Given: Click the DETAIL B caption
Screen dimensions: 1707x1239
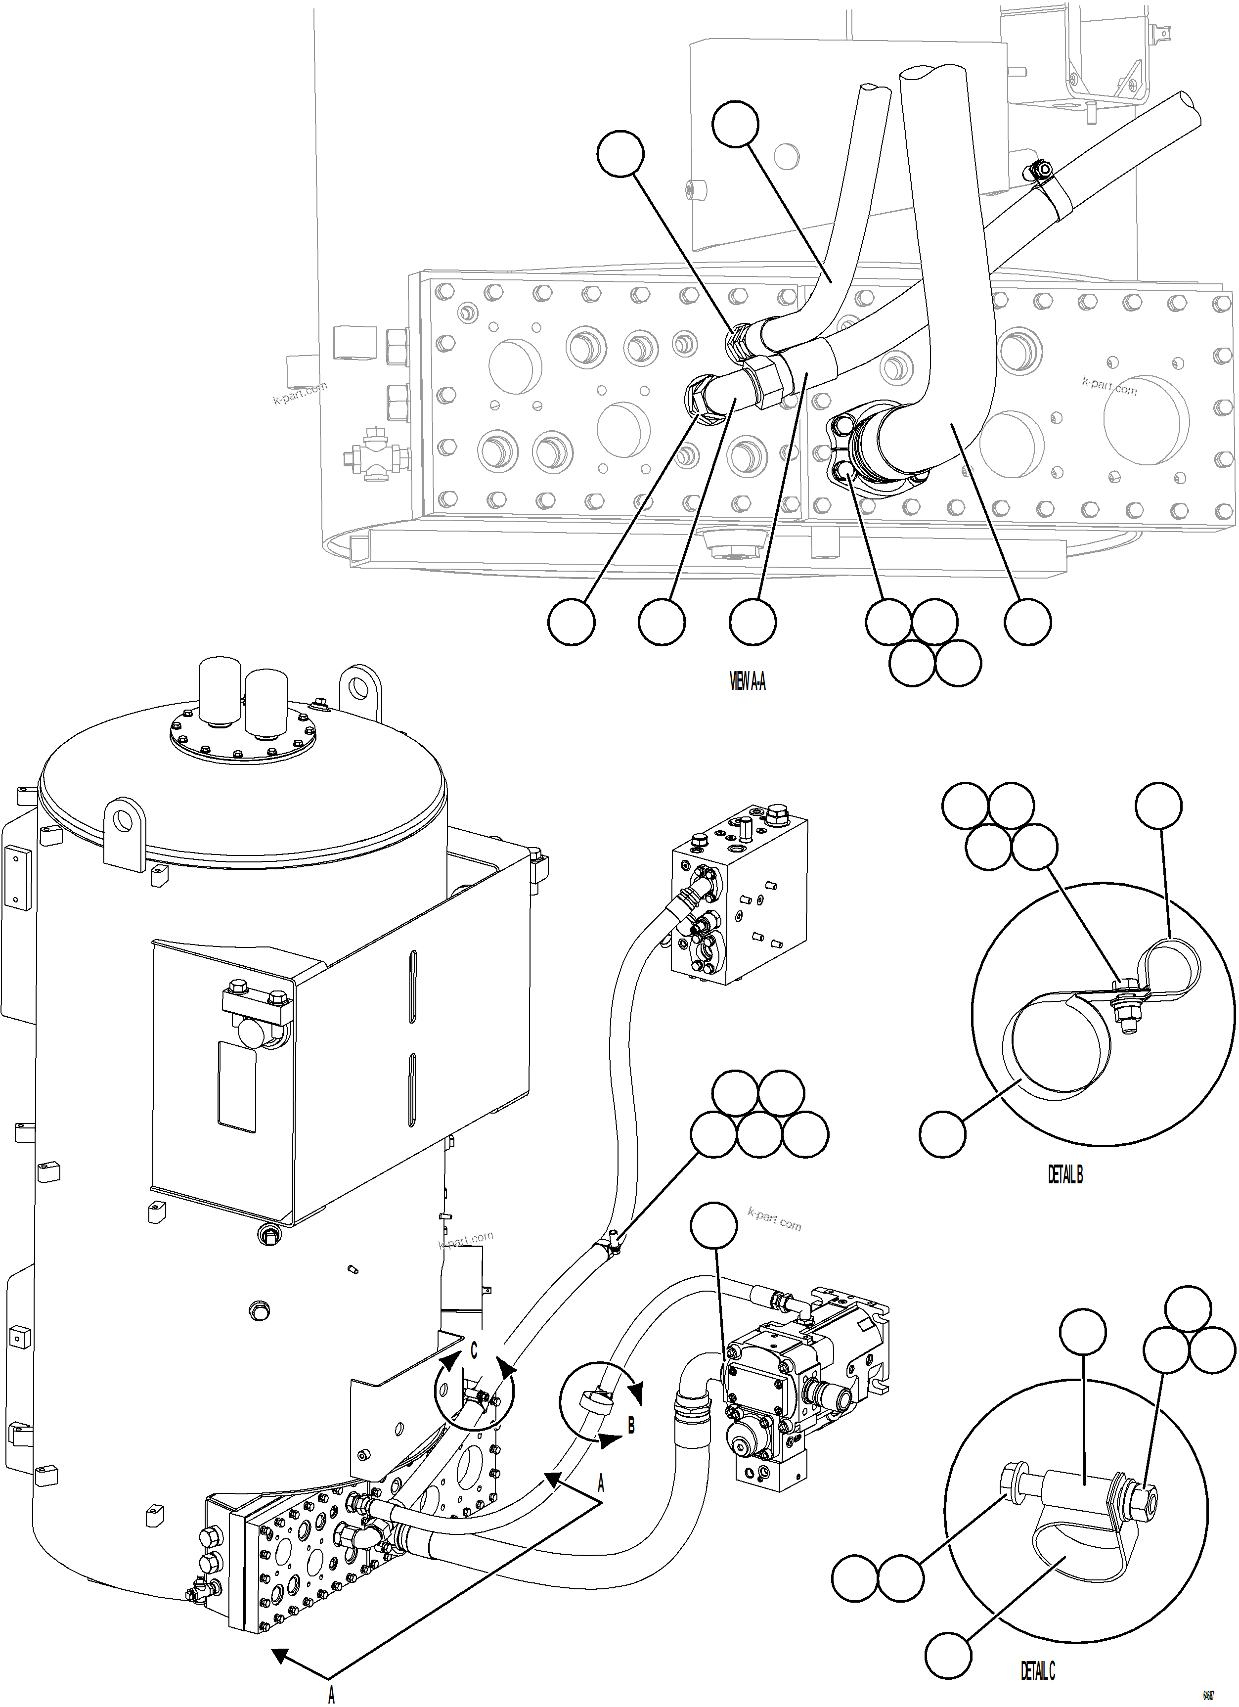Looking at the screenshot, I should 1065,1174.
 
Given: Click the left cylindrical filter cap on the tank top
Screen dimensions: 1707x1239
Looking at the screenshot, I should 219,692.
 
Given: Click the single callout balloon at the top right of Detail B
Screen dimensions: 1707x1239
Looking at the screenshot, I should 1158,806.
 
